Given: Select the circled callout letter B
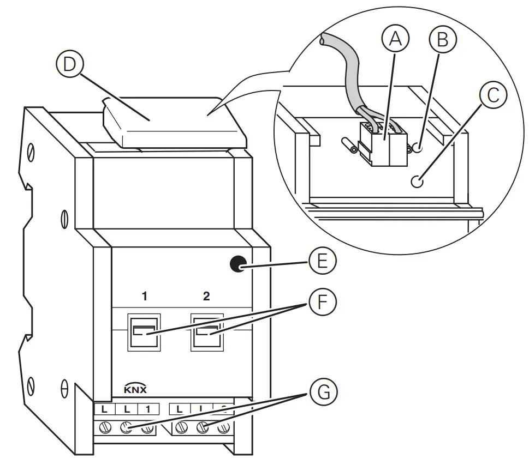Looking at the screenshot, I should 442,40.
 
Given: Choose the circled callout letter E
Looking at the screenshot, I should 323,263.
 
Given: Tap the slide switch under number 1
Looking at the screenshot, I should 145,331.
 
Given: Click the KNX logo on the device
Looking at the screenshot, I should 135,389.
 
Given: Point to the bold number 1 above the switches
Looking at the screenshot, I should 144,297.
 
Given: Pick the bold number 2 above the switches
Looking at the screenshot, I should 206,297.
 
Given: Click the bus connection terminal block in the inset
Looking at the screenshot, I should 385,144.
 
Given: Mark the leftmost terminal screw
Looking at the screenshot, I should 104,428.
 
